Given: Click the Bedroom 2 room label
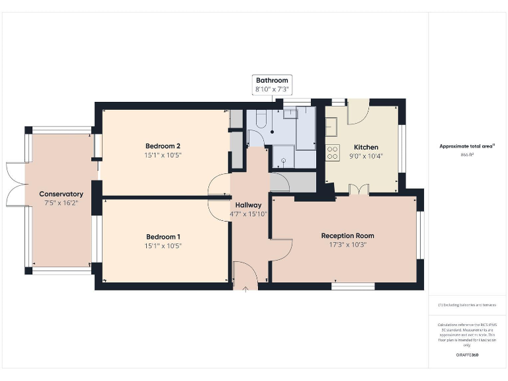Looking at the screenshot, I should point(163,146).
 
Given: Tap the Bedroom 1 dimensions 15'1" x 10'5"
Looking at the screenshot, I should point(163,245).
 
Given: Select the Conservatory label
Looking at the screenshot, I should point(61,194).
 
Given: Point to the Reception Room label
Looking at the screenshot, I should point(347,235).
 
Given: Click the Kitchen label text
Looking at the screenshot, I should point(366,147).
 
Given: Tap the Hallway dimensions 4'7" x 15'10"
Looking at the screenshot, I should point(249,214).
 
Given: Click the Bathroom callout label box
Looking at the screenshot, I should point(272,85).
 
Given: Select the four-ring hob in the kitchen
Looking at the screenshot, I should point(332,153).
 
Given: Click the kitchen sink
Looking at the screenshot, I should point(331,126).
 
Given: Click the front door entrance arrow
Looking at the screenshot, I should point(245,288).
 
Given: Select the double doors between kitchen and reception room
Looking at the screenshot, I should point(359,190).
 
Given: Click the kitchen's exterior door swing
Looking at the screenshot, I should point(358,112).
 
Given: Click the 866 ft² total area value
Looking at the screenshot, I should point(468,154).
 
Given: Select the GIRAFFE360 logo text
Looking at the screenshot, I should point(467,355).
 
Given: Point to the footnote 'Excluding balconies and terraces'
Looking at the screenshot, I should point(467,305).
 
